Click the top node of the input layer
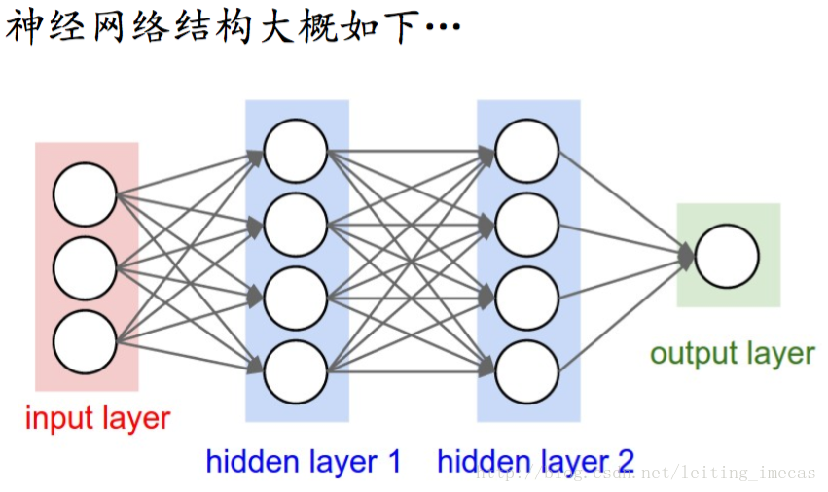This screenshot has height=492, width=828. (85, 194)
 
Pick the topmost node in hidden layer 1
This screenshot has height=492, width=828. (296, 151)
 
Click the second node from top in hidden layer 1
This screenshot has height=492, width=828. (296, 225)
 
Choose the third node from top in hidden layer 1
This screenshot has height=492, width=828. (296, 299)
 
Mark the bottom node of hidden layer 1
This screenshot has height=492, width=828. (296, 372)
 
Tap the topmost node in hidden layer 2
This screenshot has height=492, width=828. (527, 151)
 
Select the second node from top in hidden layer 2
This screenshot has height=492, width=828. (527, 225)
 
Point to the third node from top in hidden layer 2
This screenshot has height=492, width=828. (527, 299)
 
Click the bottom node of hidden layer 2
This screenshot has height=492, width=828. (527, 372)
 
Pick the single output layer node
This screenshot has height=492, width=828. (727, 256)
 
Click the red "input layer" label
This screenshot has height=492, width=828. (97, 419)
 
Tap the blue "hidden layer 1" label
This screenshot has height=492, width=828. (304, 461)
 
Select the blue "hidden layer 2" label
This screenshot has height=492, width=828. (535, 461)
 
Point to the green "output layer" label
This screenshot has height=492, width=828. (732, 354)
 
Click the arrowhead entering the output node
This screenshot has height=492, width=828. (687, 257)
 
